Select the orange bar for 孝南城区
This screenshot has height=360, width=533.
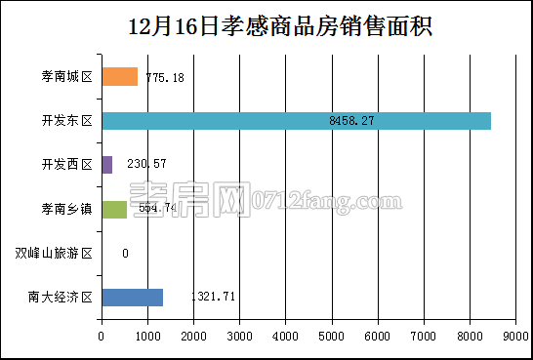tap(119, 77)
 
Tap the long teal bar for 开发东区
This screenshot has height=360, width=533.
tap(296, 121)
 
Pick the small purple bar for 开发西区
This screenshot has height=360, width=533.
tap(106, 165)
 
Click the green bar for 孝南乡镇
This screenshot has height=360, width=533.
tap(114, 209)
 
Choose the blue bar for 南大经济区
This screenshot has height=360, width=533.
tap(132, 297)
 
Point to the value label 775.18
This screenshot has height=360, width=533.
tap(165, 77)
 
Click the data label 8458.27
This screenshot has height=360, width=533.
tap(352, 121)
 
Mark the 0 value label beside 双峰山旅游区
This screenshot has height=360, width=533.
tap(125, 253)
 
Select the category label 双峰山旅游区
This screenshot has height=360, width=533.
tap(53, 253)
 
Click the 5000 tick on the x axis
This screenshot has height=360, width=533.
tap(332, 337)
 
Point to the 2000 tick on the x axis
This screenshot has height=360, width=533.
tap(193, 337)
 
